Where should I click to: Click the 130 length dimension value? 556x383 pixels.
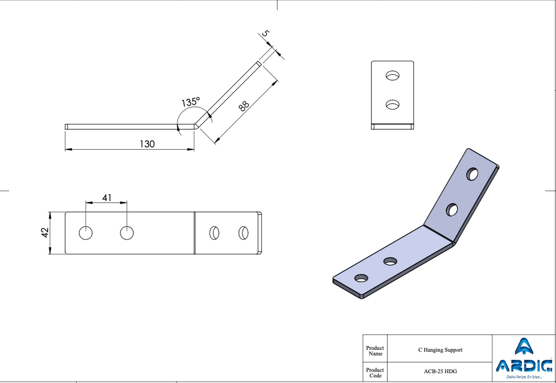147,144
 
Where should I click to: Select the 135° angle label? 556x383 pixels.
191,102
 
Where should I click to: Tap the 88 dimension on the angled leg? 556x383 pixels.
244,106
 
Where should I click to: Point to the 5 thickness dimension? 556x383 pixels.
266,34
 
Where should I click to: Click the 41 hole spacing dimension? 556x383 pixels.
107,197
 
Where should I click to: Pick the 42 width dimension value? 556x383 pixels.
45,233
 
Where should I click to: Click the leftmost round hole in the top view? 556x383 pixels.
85,233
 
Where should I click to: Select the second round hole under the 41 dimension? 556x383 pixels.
127,233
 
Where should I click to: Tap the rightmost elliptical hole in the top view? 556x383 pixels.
243,233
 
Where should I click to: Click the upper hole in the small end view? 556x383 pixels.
393,75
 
